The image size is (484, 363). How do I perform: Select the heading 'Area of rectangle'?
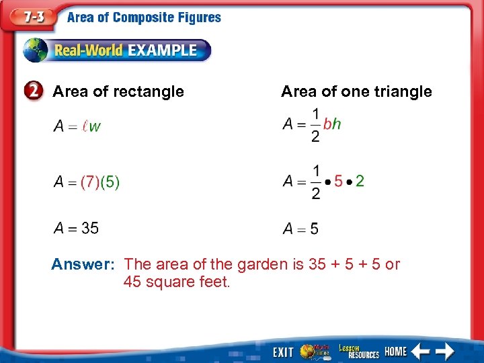click(x=118, y=91)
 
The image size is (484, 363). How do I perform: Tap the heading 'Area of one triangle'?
click(x=356, y=91)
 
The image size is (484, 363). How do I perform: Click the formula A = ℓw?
click(x=77, y=126)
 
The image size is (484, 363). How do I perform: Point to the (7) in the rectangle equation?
click(x=89, y=182)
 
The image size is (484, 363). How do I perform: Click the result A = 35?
click(x=76, y=229)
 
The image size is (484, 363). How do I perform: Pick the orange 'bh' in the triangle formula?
click(x=332, y=124)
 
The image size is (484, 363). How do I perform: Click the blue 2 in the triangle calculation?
click(x=360, y=181)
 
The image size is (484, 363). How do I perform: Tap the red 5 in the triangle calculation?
click(x=338, y=181)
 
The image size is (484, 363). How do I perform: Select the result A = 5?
click(x=300, y=229)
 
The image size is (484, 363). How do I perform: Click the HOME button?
click(x=395, y=352)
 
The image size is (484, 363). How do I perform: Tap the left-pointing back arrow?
click(x=421, y=351)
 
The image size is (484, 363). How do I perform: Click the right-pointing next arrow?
click(x=444, y=351)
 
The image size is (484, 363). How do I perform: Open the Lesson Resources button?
click(x=359, y=351)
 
